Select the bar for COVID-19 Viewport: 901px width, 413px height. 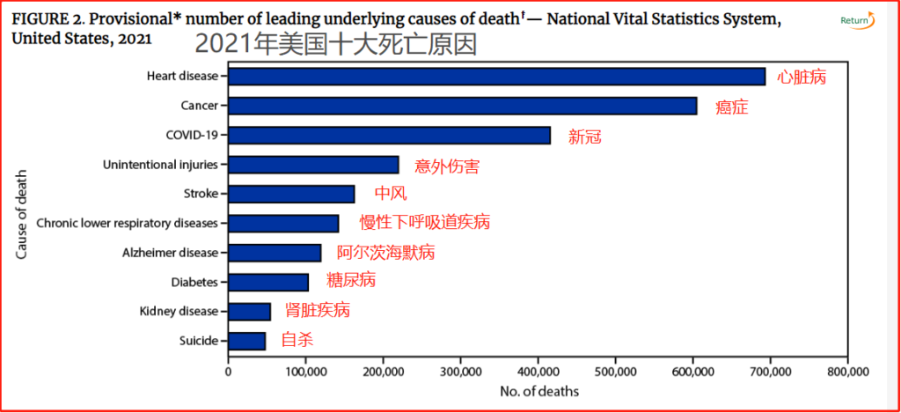389,136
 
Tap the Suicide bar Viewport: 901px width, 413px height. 247,341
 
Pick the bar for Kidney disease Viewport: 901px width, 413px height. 250,312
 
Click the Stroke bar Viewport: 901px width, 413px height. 291,194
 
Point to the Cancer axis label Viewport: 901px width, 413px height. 199,106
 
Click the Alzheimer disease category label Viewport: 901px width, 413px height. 170,253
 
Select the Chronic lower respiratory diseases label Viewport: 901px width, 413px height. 127,224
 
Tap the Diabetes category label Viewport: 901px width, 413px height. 194,283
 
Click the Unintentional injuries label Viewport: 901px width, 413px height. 160,165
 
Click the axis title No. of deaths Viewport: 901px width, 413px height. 538,390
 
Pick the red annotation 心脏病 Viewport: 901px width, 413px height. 802,77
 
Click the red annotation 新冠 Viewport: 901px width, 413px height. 585,136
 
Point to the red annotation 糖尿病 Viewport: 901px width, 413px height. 350,281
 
